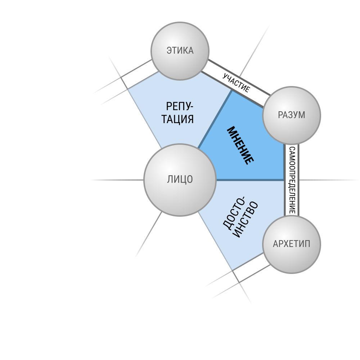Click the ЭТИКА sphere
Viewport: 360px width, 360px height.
click(x=180, y=51)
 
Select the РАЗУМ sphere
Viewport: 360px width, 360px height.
click(x=292, y=115)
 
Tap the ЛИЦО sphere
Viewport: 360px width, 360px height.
click(x=180, y=180)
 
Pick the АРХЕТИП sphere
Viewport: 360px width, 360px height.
click(x=292, y=244)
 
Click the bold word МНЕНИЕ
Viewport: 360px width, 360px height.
click(x=240, y=145)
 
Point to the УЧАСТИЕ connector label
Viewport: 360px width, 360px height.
click(x=236, y=83)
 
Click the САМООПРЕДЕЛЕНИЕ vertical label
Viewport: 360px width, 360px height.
click(x=292, y=180)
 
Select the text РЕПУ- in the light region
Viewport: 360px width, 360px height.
click(x=180, y=107)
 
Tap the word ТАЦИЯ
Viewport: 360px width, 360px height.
click(x=177, y=119)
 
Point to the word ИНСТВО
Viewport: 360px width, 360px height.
click(x=246, y=220)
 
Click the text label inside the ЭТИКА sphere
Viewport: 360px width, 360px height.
click(x=180, y=50)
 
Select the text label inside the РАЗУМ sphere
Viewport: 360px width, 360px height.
click(x=292, y=115)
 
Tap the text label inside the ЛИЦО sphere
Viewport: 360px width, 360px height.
click(x=180, y=180)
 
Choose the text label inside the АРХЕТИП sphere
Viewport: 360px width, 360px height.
click(x=292, y=244)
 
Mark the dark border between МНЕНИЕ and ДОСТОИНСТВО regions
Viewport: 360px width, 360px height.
click(x=250, y=180)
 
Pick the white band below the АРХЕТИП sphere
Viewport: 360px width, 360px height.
click(x=251, y=268)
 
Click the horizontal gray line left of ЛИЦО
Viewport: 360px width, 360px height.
click(x=117, y=180)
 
